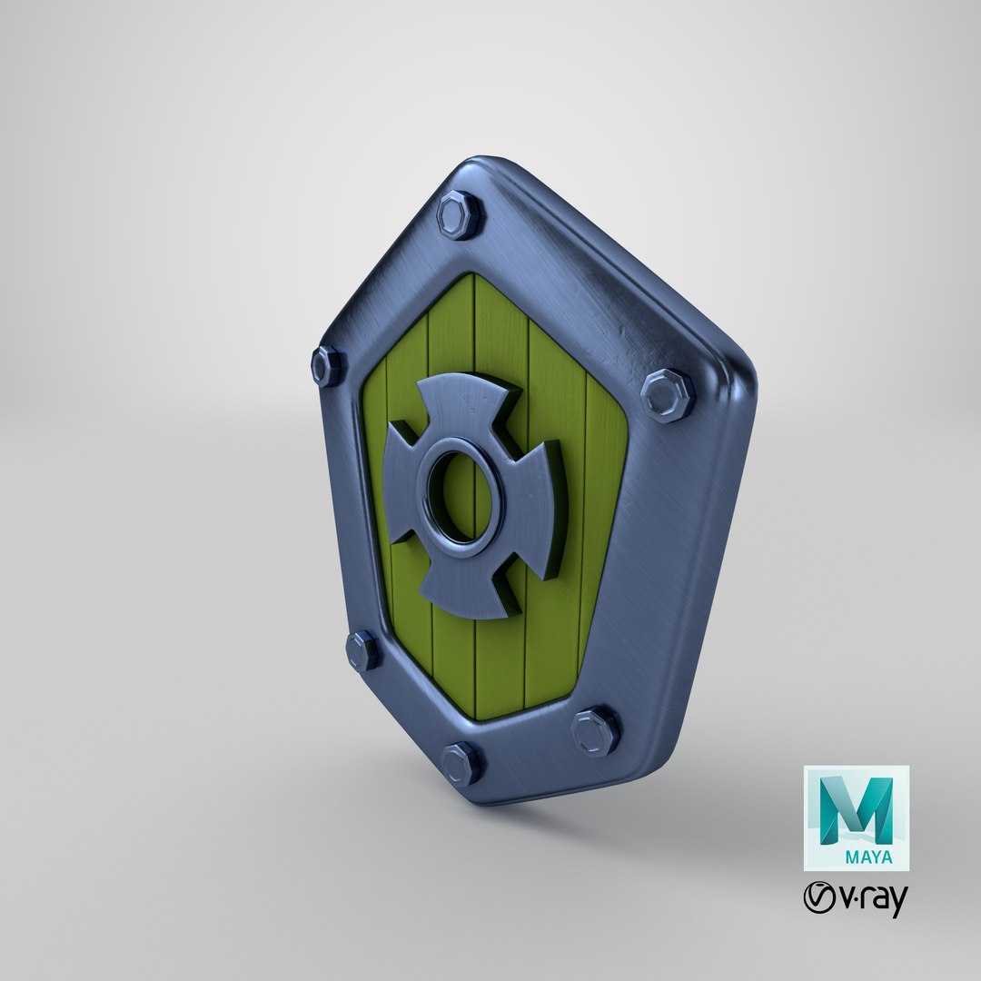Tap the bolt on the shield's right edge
click(668, 395)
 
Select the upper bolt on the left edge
click(327, 365)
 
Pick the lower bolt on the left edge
click(363, 650)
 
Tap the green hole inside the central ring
click(460, 495)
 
